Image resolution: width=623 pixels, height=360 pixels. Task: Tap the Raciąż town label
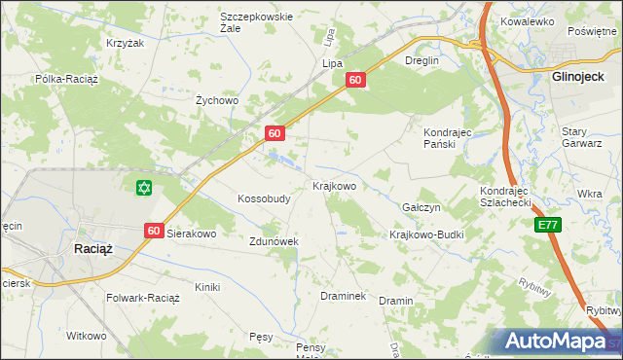93,249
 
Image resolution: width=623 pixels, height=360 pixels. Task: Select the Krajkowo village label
334,185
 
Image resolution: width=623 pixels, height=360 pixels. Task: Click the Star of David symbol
145,187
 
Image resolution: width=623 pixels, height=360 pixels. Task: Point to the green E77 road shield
547,225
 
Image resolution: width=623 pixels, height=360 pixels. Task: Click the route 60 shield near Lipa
356,81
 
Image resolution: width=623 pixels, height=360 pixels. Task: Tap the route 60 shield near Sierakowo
154,231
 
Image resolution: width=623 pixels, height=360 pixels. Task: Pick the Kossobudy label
264,198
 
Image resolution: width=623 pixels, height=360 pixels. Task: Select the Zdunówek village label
273,240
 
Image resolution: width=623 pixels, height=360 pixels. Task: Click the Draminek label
343,295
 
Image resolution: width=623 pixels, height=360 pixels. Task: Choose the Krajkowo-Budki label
426,234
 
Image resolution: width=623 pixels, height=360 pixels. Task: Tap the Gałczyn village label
422,208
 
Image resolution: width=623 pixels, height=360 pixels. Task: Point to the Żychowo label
217,99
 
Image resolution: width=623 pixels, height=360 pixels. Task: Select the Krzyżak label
125,44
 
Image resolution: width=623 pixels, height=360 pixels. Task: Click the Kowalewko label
527,20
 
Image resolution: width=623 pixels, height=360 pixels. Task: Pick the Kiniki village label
207,287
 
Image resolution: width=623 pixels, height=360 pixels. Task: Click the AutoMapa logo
556,342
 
